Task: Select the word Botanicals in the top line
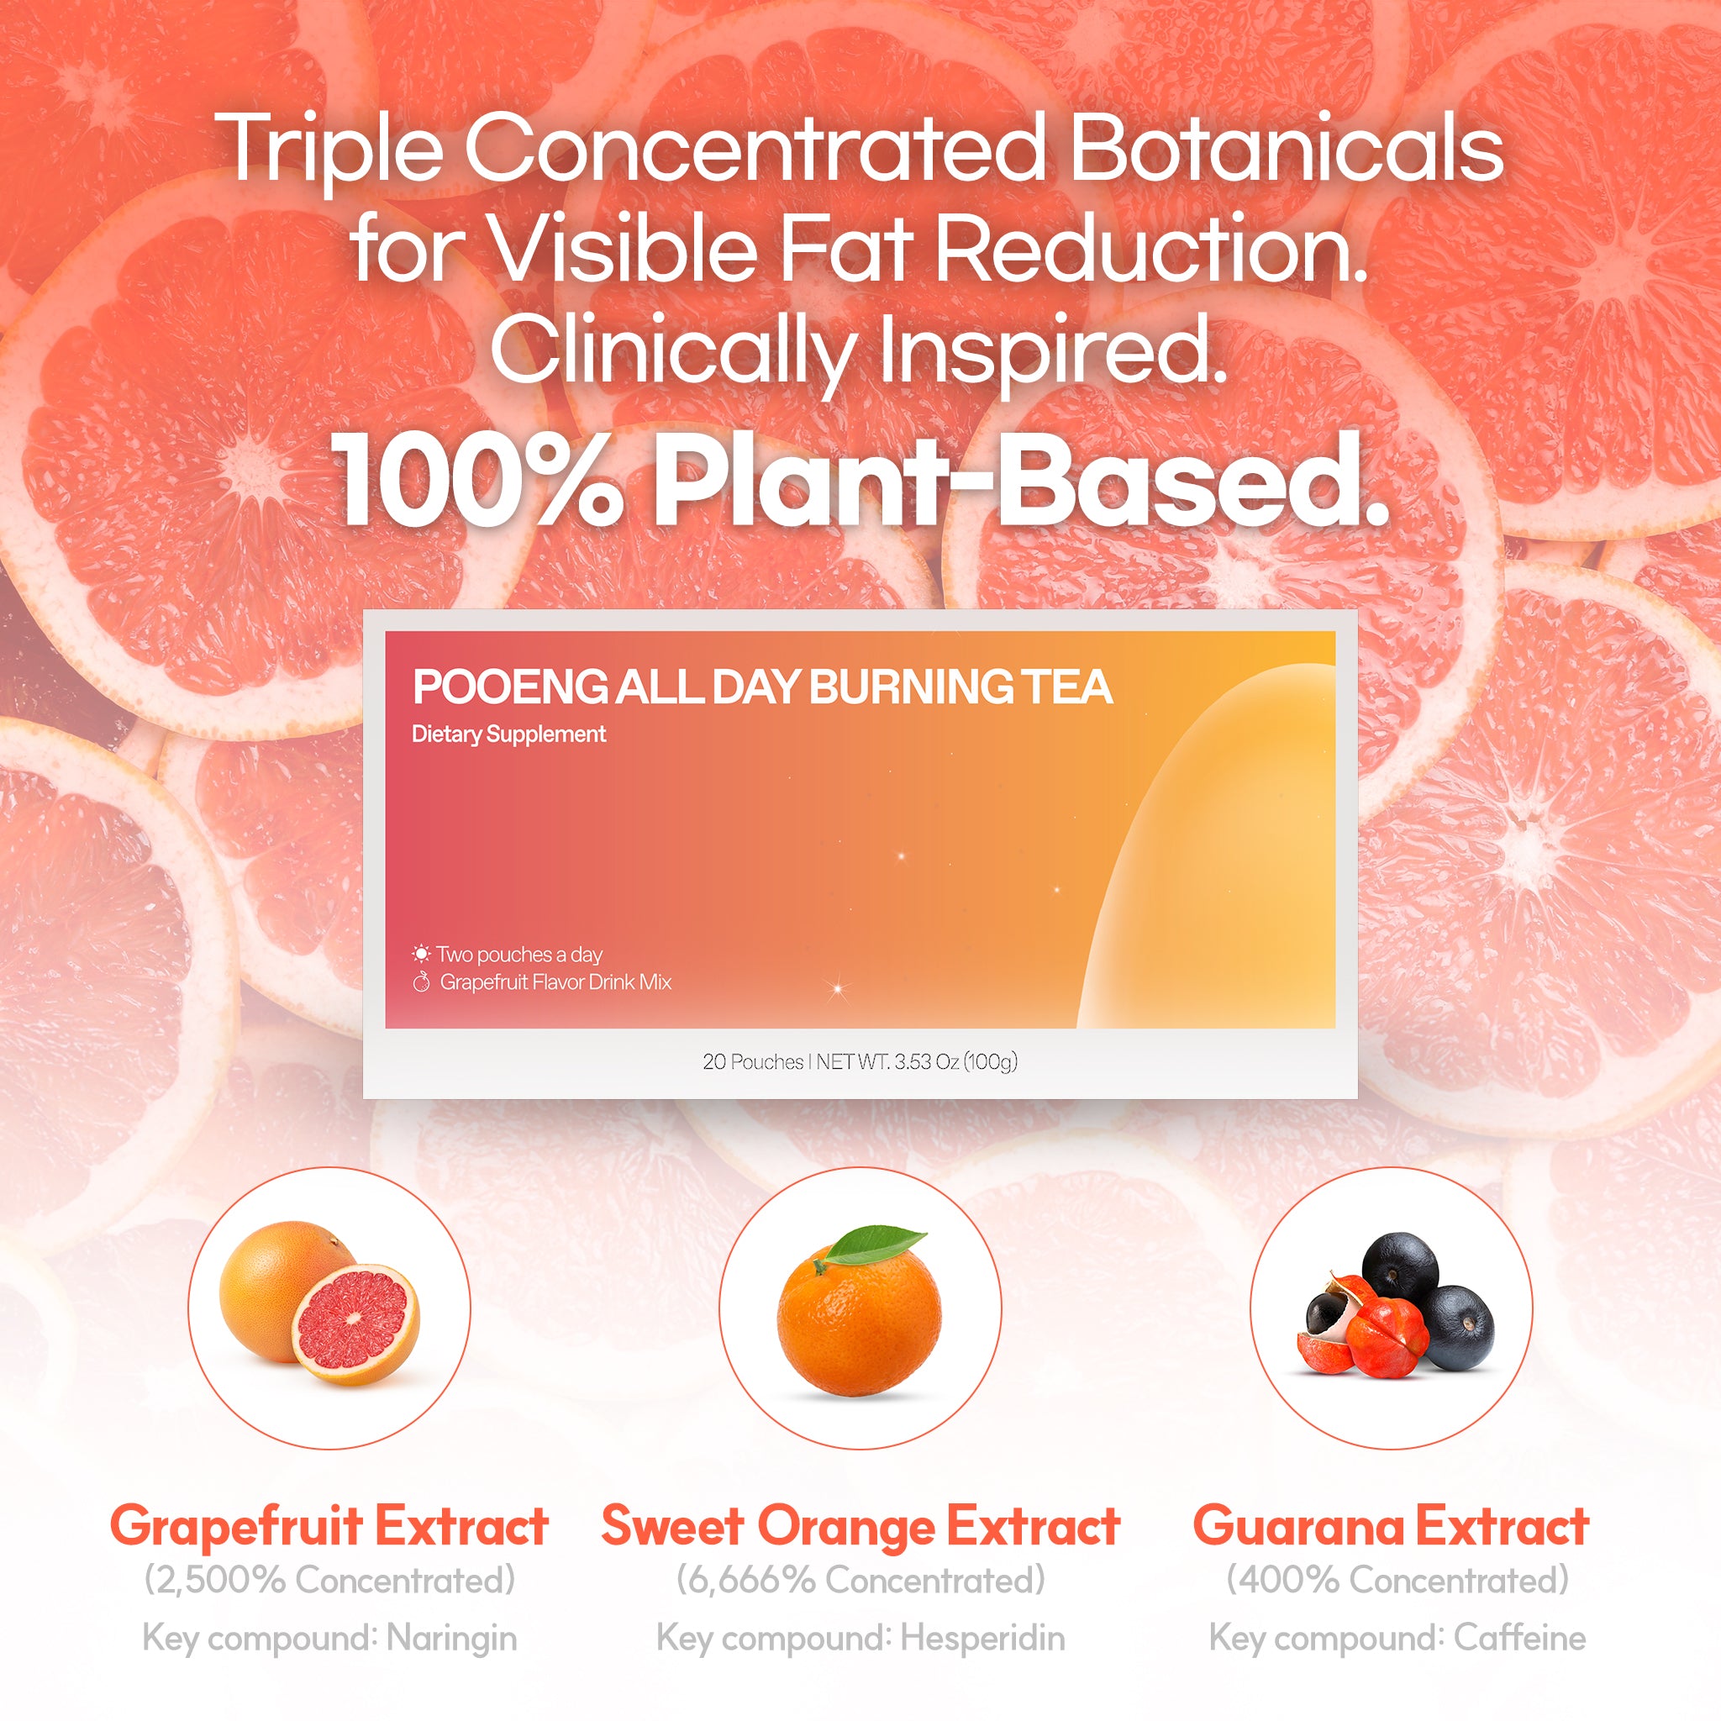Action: point(1287,147)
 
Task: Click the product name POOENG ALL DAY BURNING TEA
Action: point(762,687)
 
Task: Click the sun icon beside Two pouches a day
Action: point(420,954)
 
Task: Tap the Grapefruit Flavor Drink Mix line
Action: point(555,982)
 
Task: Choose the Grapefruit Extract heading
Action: point(329,1526)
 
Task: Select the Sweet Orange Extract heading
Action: point(860,1526)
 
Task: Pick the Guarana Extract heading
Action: point(1391,1526)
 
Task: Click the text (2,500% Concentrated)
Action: point(329,1582)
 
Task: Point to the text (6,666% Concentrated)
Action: point(860,1582)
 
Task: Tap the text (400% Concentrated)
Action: point(1397,1582)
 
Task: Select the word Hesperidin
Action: point(982,1639)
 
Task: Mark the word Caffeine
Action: point(1519,1638)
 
